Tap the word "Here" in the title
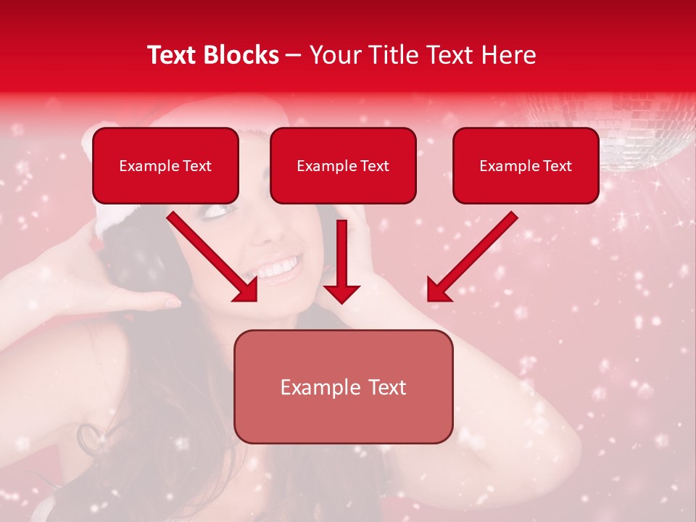[x=508, y=55]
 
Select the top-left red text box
[x=165, y=165]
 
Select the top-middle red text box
[x=343, y=165]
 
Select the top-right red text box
[x=526, y=165]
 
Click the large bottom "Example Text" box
[x=343, y=386]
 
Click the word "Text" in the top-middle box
[x=374, y=166]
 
